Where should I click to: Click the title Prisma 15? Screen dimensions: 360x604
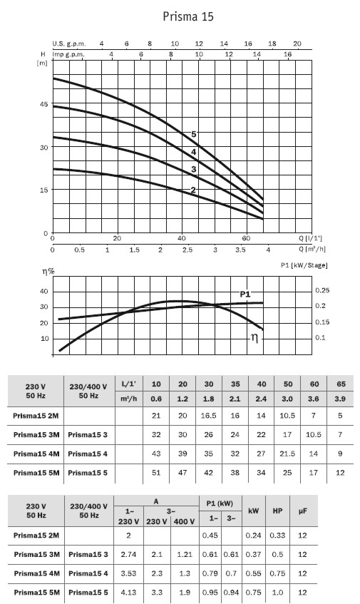[x=188, y=16]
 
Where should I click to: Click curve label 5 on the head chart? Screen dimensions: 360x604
[x=194, y=134]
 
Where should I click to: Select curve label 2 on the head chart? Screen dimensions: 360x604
[x=193, y=190]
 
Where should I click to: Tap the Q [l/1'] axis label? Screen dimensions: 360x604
[x=310, y=238]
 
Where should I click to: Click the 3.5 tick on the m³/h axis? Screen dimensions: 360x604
[x=241, y=250]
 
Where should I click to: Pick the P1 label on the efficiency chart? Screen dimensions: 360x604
[x=245, y=295]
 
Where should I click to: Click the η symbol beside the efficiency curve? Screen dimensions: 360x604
[x=254, y=338]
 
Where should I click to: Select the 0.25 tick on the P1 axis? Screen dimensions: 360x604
[x=323, y=290]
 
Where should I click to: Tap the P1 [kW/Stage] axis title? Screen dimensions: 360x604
[x=304, y=265]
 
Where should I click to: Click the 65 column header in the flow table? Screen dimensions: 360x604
[x=340, y=384]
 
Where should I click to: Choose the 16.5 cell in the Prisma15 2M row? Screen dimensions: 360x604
[x=208, y=416]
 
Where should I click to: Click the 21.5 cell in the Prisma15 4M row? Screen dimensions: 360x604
[x=287, y=454]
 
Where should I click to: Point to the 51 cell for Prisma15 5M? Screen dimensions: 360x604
[x=156, y=473]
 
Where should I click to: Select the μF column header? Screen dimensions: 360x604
[x=303, y=511]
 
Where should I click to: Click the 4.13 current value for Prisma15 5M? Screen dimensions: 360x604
[x=128, y=592]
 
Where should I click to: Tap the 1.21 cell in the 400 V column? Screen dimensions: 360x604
[x=185, y=554]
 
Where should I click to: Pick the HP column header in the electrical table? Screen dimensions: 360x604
[x=277, y=511]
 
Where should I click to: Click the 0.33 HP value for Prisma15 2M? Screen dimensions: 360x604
[x=277, y=536]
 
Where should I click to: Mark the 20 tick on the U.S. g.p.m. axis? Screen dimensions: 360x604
[x=297, y=43]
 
